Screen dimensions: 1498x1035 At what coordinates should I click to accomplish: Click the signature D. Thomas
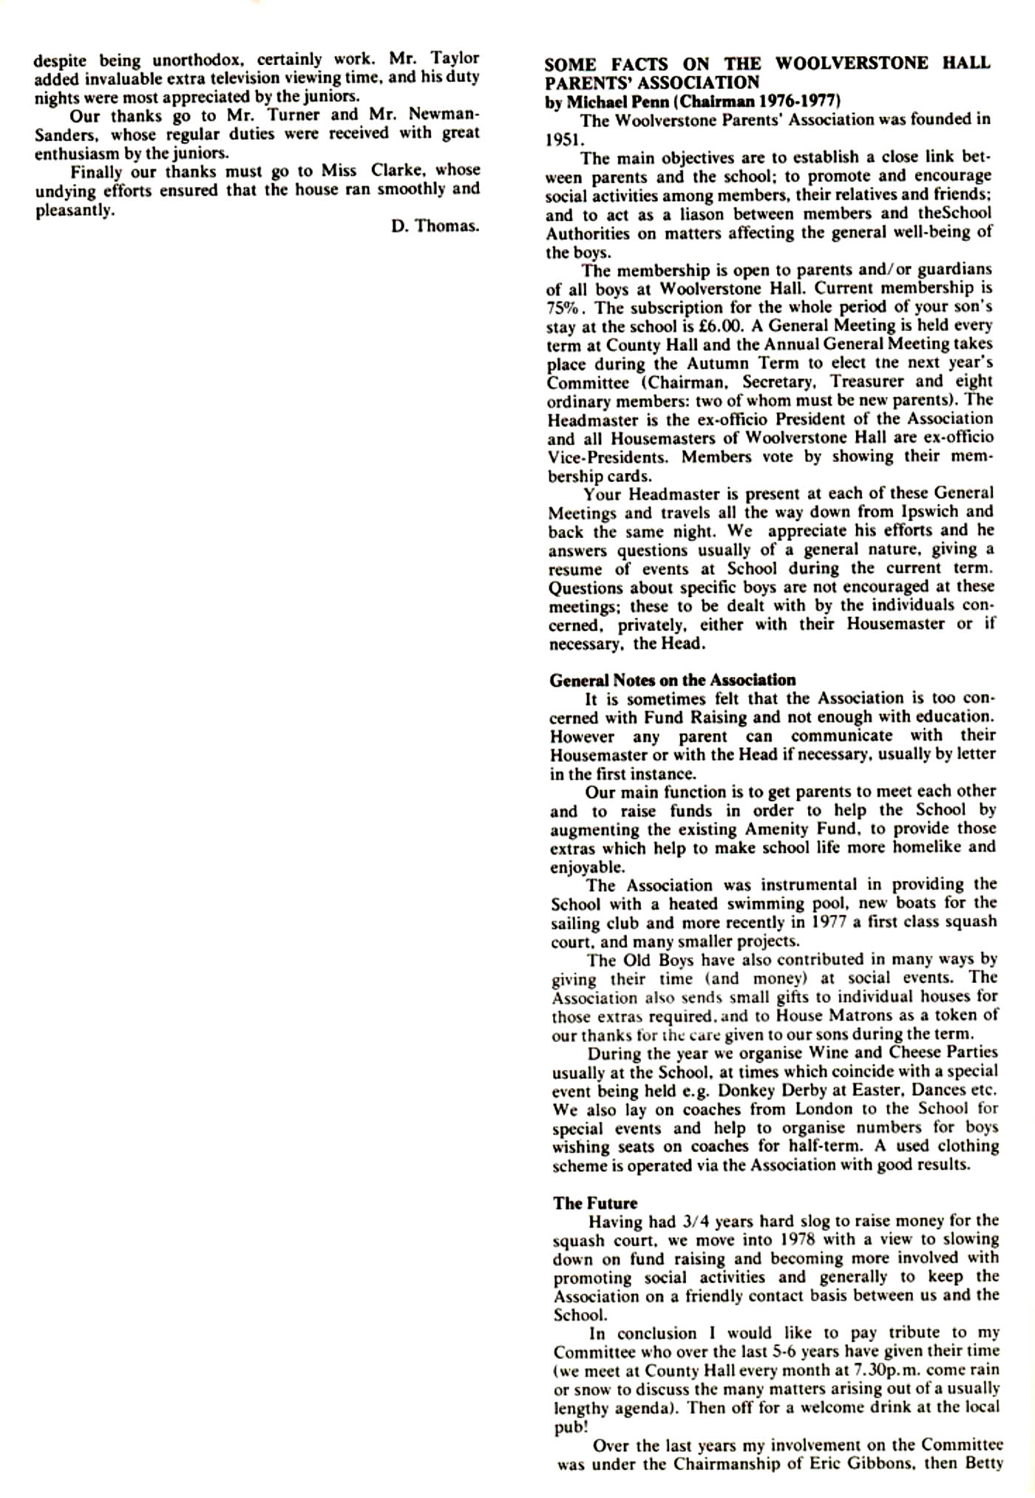pyautogui.click(x=435, y=226)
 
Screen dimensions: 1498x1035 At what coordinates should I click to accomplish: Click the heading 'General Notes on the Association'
pyautogui.click(x=672, y=680)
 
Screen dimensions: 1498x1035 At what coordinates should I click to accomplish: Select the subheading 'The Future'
pyautogui.click(x=594, y=1202)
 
